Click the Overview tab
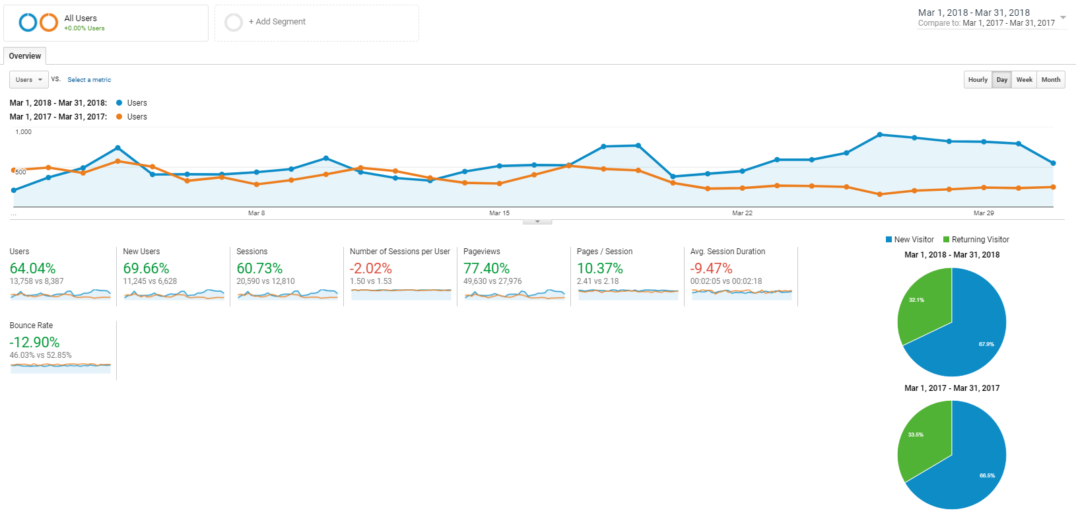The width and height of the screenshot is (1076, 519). tap(25, 56)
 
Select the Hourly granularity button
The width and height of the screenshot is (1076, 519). tap(978, 80)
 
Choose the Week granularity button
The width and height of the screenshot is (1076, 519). tap(1024, 80)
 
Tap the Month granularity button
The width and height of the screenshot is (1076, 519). tap(1050, 80)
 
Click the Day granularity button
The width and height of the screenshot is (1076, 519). tap(1002, 80)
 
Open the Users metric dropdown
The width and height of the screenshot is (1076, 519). tap(28, 80)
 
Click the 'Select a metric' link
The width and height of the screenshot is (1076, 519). tap(89, 80)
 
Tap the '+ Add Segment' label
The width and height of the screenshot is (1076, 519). tap(277, 22)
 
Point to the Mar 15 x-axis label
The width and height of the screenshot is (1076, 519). tap(499, 213)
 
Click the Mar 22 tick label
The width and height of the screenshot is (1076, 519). tap(742, 213)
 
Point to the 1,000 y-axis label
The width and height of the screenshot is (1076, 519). tap(24, 132)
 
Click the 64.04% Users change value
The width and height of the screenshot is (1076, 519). tap(33, 269)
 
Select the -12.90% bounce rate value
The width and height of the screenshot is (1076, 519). tap(34, 343)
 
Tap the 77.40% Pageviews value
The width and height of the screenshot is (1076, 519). tap(487, 269)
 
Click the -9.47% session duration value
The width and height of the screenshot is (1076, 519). tap(711, 269)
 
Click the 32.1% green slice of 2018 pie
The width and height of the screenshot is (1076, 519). tap(924, 307)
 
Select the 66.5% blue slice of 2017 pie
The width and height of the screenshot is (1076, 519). tap(970, 469)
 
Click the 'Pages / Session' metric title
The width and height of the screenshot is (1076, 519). tap(605, 252)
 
